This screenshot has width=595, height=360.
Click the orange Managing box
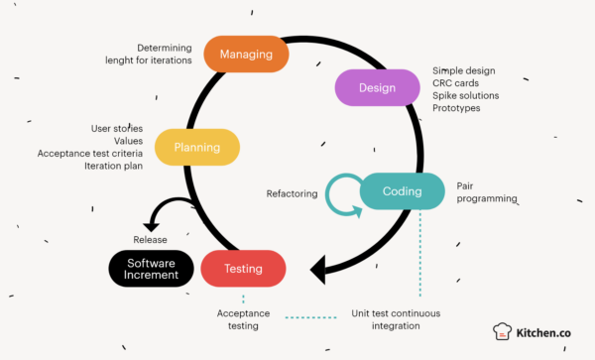point(245,54)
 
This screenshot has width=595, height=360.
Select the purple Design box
point(377,87)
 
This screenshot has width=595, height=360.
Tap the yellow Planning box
point(197,147)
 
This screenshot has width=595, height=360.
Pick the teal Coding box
point(402,191)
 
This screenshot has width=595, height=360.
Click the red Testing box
point(243,268)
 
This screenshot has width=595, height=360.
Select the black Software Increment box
point(150,268)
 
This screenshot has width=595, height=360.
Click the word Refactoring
point(293,193)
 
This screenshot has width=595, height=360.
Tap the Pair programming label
point(486,191)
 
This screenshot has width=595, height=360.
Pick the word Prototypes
point(456,108)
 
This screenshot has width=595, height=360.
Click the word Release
point(150,239)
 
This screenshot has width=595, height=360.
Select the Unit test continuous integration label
point(396,319)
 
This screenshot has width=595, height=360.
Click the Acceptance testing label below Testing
point(243,319)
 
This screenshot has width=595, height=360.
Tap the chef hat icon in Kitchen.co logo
point(503,334)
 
